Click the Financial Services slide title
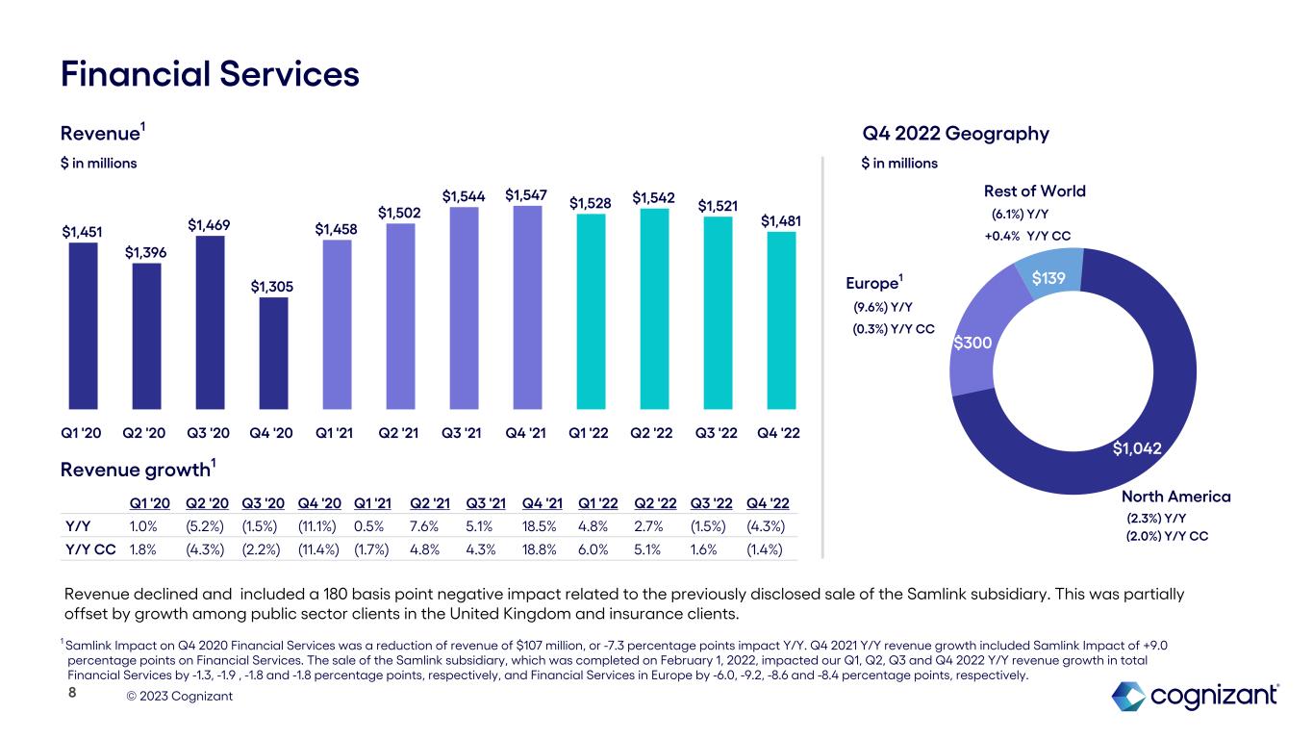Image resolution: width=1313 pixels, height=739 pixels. pos(210,74)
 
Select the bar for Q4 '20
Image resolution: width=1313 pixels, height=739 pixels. pos(274,352)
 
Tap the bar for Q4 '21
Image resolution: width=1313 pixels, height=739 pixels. pos(527,306)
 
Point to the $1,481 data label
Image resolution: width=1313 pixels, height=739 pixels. pos(780,221)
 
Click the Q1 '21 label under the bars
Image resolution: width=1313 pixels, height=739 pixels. pos(338,433)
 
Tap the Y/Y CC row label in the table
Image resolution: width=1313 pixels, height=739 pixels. pos(87,549)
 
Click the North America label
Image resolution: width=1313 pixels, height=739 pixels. pos(1175,497)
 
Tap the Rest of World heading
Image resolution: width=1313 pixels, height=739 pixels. pos(1034,191)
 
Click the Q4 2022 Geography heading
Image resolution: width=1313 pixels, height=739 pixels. pos(955,134)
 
